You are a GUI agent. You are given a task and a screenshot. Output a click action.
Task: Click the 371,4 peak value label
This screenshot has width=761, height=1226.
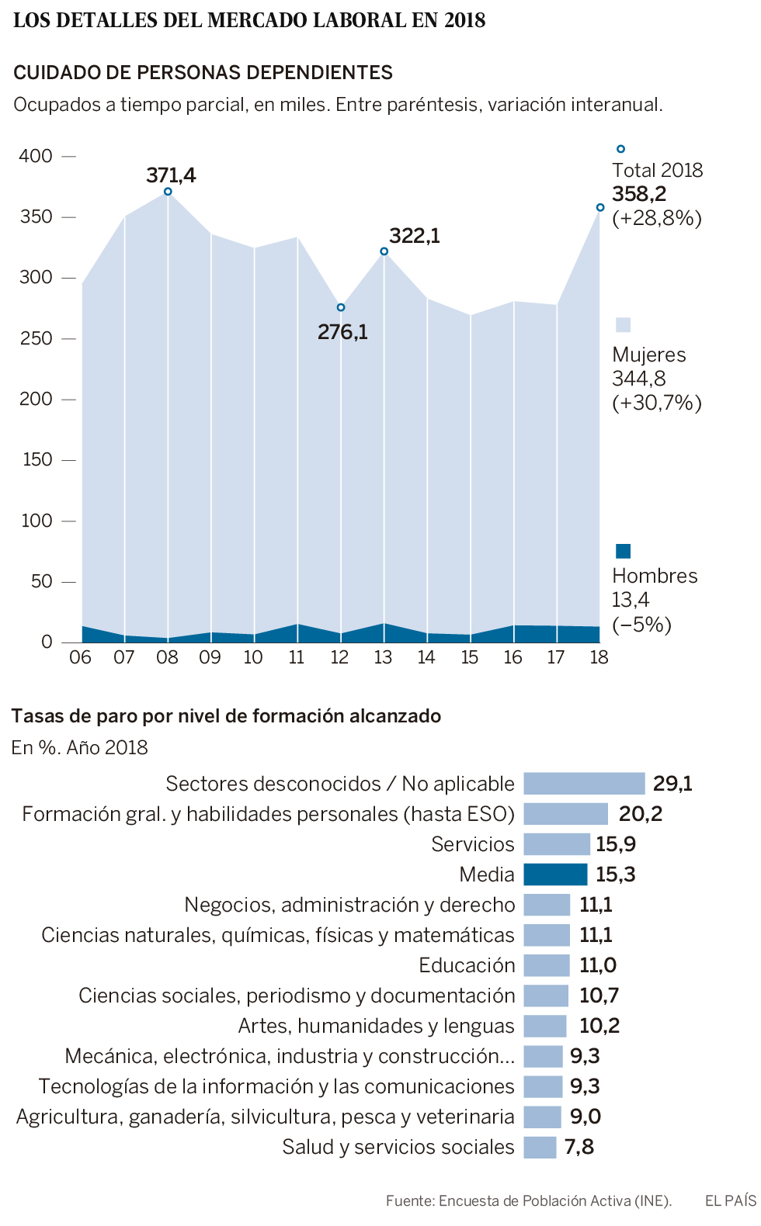[171, 175]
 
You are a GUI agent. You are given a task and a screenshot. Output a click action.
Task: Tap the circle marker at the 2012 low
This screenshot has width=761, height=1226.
[341, 307]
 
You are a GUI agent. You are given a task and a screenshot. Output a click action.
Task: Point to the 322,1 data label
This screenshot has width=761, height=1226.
[414, 236]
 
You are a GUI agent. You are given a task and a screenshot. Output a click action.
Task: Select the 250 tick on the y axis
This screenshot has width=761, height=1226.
[36, 338]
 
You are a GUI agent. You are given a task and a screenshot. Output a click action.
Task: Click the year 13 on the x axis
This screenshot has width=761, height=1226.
[383, 657]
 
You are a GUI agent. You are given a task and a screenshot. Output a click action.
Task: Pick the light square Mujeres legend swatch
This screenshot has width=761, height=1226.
[623, 325]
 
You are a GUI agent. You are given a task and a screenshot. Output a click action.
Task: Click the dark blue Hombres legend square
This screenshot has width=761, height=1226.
[623, 551]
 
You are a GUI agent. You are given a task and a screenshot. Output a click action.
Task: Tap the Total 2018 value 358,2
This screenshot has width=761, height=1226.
[639, 194]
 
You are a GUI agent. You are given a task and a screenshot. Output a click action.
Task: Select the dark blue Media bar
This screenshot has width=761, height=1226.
[555, 874]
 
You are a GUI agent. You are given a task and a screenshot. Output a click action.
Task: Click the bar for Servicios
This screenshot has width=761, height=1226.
[557, 844]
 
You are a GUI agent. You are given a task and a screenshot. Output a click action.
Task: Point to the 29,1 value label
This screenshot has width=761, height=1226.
[672, 784]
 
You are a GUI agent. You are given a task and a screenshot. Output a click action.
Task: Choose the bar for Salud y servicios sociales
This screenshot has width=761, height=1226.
[540, 1147]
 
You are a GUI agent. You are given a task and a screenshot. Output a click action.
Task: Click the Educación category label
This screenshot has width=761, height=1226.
[467, 965]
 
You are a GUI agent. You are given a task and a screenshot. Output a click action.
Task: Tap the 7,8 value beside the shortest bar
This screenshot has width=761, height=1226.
[579, 1147]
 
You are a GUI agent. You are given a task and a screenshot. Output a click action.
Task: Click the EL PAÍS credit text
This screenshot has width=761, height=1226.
[730, 1200]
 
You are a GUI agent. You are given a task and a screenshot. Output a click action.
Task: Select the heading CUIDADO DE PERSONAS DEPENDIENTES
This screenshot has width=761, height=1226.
[203, 73]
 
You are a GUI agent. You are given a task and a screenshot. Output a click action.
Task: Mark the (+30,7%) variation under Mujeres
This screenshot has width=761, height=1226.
[657, 403]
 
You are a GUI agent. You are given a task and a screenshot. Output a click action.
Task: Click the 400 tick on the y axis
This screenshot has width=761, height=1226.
[36, 156]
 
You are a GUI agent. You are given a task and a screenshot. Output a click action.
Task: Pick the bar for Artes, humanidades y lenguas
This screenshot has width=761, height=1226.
[545, 1026]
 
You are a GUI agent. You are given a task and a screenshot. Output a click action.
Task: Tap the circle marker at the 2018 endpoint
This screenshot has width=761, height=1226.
[600, 207]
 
